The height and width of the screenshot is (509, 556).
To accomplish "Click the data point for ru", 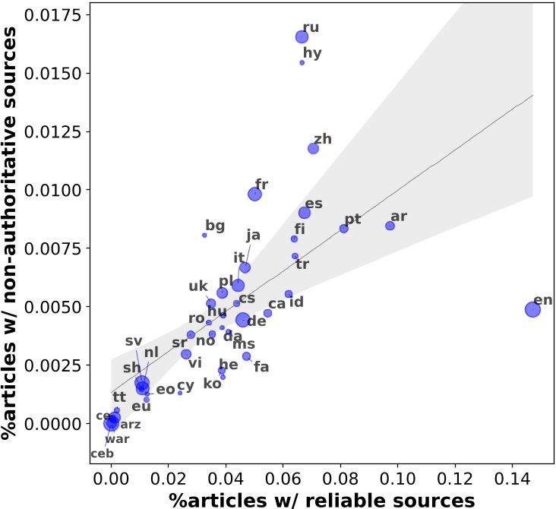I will coord(302,36).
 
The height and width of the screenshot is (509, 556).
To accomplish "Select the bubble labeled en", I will coord(532,309).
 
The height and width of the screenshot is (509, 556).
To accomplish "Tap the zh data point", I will coord(313,148).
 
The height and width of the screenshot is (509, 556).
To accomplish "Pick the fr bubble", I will coord(254,194).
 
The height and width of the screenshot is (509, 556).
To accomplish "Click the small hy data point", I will coord(302,62).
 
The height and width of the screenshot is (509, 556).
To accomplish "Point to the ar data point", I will coord(390,226).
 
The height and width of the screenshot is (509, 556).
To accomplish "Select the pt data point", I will coord(343,229).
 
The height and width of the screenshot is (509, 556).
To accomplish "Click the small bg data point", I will coord(204,236).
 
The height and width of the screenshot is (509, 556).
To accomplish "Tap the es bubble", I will coord(304,213).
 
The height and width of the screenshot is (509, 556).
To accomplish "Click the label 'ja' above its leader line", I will coord(253,235).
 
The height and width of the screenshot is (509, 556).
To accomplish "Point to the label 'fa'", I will coord(261,367).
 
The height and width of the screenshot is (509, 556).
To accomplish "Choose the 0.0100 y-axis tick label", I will coord(62,190).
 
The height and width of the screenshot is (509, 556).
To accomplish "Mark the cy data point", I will coord(180,393).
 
